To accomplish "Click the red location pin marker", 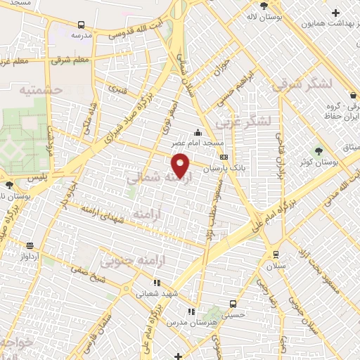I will click(x=181, y=166).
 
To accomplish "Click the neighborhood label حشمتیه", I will click(x=41, y=91).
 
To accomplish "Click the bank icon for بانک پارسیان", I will click(x=224, y=157).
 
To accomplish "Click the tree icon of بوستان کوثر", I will click(x=319, y=150).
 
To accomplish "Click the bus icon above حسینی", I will click(x=232, y=303).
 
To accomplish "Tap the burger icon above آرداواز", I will click(x=30, y=245).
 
